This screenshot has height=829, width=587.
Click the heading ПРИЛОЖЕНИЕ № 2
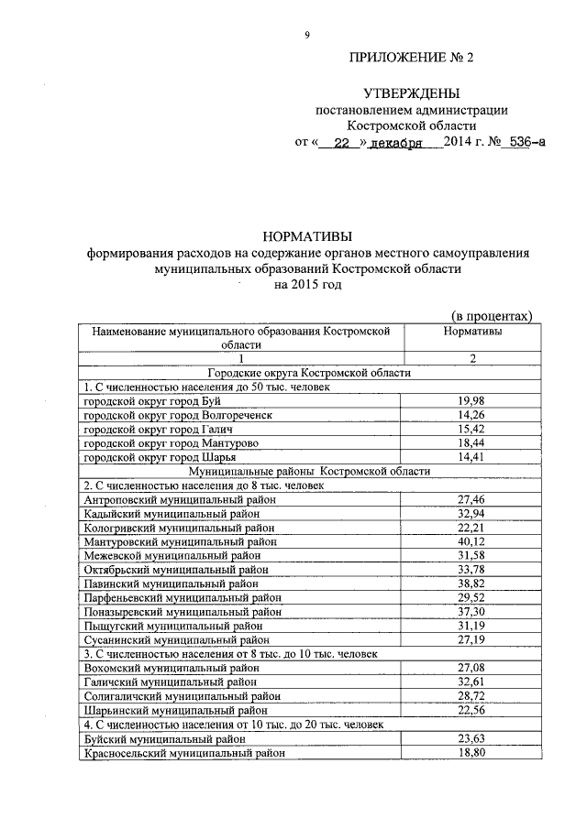pos(413,58)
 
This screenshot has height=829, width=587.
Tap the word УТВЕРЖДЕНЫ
pos(411,93)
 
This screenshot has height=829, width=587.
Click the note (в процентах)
pos(493,315)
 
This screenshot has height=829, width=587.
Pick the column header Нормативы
pos(471,331)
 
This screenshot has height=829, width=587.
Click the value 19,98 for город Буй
pos(471,400)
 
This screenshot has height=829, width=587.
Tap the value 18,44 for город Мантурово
pos(471,442)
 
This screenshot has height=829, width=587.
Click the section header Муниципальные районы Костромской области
pos(308,471)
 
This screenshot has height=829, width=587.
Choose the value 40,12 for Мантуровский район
pos(471,541)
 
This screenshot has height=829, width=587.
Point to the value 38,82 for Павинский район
pos(471,584)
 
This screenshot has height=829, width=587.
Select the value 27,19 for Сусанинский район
pos(471,639)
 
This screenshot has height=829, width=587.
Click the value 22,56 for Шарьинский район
pos(471,710)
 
